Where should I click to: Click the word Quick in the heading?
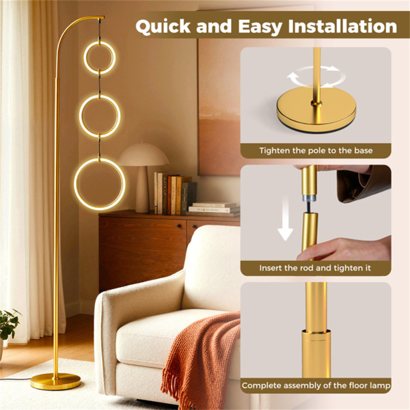tap(163, 27)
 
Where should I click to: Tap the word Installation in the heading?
tap(343, 27)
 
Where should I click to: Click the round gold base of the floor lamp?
tap(55, 381)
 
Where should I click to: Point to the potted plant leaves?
tap(9, 324)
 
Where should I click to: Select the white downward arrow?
tap(285, 219)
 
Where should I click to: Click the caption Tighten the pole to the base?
tap(316, 150)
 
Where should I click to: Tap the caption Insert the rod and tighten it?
tap(315, 268)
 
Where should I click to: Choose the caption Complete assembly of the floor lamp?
tap(316, 385)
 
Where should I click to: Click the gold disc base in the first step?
tap(316, 110)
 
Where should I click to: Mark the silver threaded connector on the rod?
tap(309, 197)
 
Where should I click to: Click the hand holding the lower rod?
tap(345, 249)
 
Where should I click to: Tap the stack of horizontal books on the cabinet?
tap(213, 209)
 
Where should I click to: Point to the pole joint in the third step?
tap(316, 333)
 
